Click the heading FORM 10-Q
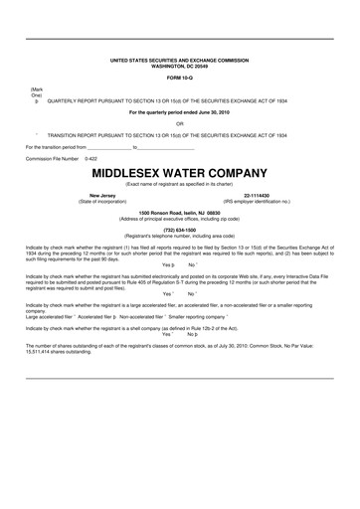click(x=179, y=77)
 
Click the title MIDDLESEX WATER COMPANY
click(x=179, y=172)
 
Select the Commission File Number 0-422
click(x=90, y=158)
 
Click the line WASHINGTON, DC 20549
click(x=179, y=65)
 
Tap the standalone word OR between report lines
click(x=179, y=122)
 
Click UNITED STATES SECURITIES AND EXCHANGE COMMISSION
click(x=179, y=60)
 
